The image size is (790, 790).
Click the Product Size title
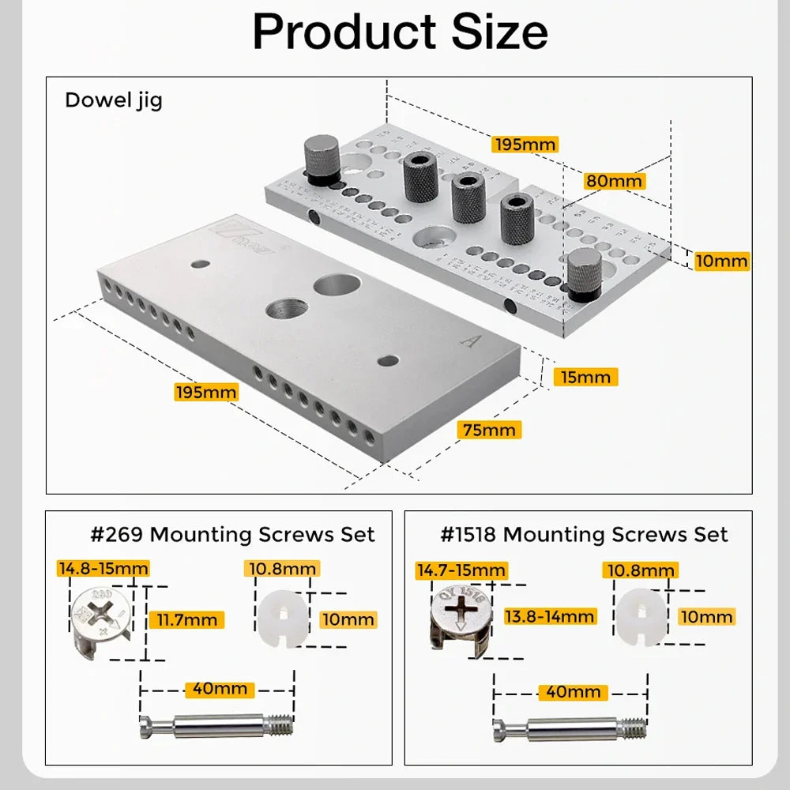coord(400,32)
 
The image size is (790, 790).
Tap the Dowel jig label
coord(113,101)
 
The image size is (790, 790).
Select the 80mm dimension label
coord(615,180)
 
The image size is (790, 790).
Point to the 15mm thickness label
coord(585,377)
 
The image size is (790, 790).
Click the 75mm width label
coord(489,430)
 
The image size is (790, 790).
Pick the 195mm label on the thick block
coord(205,392)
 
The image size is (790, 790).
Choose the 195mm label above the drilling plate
coord(525,145)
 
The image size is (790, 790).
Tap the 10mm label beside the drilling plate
coord(721,261)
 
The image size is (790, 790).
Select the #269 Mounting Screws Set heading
coord(232,535)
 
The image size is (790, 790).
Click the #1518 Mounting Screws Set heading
coord(584,535)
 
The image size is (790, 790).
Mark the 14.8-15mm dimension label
coord(103,568)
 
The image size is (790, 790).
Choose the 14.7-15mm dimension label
coord(461,570)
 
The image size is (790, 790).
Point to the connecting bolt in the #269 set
coord(217,725)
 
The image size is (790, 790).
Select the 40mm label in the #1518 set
coord(574,692)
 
